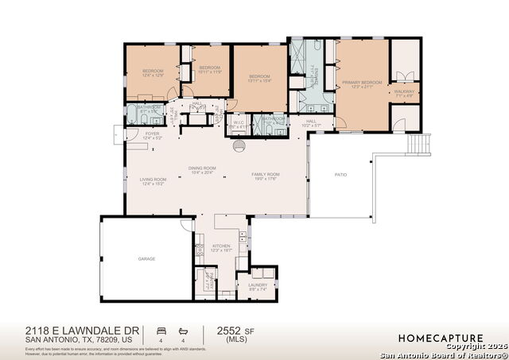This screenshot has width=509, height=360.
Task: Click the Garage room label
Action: coord(146,258)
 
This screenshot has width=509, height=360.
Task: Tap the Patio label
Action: coord(340,174)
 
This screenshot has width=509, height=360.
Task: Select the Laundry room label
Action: coord(258,285)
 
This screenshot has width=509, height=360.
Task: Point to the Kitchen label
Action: coord(220,246)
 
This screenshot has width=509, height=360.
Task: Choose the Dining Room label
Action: coord(202,168)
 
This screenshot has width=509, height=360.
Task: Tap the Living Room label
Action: coord(152,180)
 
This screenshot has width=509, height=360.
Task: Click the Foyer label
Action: coord(152,134)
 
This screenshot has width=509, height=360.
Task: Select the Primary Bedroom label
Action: coord(363,82)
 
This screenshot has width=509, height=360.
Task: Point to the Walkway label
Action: coord(403,92)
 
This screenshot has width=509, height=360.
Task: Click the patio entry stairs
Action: coord(418,144)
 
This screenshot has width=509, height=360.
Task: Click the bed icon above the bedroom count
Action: coord(161,329)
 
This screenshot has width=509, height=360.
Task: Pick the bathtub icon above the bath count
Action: coord(182,329)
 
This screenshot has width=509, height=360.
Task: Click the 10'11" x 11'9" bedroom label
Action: coord(208,70)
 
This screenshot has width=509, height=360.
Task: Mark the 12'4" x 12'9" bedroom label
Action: coord(153,72)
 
